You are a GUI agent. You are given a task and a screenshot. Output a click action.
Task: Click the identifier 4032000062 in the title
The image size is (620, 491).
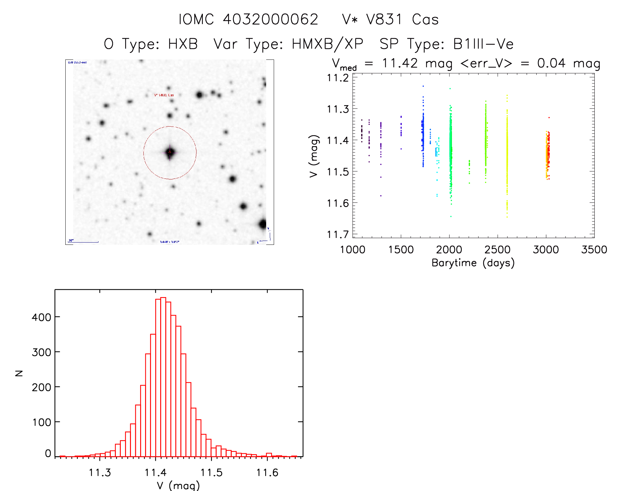pos(270,19)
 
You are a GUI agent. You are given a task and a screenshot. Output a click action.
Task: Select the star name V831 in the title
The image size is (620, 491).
pos(384,19)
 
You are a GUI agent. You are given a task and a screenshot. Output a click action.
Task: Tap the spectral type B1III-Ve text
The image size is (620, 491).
pos(483,44)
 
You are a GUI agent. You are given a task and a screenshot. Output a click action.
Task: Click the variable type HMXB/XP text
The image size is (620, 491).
pos(327,44)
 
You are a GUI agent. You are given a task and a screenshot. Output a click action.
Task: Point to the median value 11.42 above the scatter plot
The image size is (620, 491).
pos(400,63)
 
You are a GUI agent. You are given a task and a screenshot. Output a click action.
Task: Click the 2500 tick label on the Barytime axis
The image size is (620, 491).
pos(497,250)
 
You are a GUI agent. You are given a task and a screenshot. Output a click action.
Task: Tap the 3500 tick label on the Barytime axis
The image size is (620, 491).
pos(594,250)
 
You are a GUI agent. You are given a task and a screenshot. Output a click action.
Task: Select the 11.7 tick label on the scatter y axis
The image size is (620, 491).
pos(338,235)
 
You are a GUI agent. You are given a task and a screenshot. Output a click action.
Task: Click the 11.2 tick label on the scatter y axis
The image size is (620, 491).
pos(338,78)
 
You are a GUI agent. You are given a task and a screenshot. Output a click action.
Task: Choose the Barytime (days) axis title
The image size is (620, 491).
pos(473,263)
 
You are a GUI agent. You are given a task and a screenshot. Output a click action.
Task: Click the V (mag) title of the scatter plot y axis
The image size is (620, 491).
pos(314,156)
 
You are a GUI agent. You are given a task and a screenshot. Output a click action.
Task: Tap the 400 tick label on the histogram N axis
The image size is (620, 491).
pos(41,317)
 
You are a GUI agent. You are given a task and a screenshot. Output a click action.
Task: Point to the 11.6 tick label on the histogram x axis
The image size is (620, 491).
pos(267,473)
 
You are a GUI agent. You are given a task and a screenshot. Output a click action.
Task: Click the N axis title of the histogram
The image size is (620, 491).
pos(19,373)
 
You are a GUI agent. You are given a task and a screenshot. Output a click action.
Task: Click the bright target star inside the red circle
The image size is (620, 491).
pos(170,152)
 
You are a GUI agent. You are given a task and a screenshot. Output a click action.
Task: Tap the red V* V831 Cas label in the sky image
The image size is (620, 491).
pos(164,95)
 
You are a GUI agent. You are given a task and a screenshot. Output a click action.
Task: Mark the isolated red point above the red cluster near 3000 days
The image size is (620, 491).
pos(549,117)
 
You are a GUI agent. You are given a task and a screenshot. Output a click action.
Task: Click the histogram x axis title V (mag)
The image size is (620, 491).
pos(178,485)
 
